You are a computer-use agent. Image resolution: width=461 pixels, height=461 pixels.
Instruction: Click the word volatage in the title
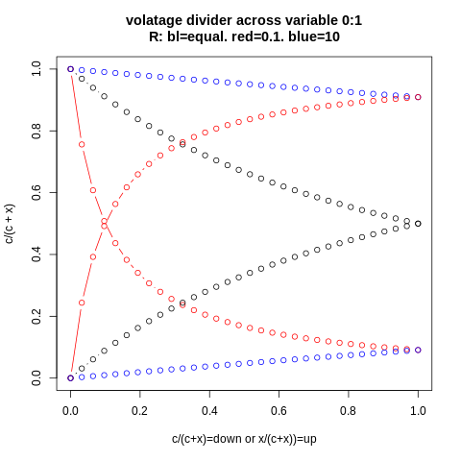pos(157,20)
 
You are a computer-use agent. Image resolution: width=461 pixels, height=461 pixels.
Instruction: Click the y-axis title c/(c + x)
pos(11,223)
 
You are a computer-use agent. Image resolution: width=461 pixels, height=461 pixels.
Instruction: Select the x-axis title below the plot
pos(244,439)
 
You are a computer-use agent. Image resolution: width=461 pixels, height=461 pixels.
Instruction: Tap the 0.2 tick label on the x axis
pos(140,409)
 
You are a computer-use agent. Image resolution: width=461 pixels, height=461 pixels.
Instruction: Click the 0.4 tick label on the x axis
pos(209,409)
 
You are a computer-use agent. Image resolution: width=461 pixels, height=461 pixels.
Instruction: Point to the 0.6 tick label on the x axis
pos(279,409)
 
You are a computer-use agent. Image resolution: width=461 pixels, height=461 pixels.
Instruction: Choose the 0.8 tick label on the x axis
pos(349,409)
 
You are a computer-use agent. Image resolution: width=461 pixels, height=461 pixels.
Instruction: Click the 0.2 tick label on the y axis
pos(36,316)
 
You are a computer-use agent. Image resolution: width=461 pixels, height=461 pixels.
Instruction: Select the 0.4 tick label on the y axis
pos(36,255)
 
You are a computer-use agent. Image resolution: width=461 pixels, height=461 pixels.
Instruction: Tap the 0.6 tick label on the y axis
pos(36,192)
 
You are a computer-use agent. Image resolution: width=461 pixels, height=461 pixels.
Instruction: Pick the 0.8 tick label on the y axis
pos(36,131)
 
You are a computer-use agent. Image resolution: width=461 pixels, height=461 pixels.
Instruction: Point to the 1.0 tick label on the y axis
pos(36,69)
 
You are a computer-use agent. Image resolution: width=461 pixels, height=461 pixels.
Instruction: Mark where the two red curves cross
pos(105,224)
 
